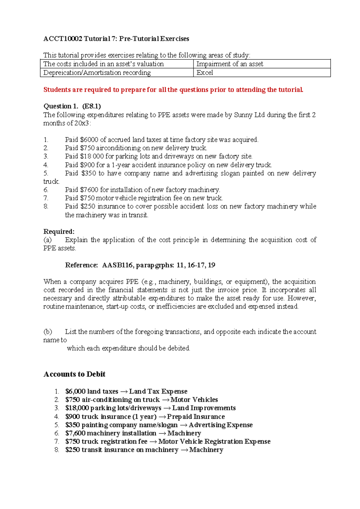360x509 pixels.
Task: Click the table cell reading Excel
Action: (205, 73)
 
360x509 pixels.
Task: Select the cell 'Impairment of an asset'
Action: (229, 64)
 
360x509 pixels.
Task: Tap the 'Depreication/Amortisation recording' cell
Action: (97, 73)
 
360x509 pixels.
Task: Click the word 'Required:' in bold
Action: (59, 231)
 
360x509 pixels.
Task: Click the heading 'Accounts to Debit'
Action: (74, 374)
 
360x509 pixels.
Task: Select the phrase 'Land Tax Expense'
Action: (158, 391)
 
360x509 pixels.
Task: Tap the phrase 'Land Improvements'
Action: (204, 408)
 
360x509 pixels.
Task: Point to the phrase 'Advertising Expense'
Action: (220, 425)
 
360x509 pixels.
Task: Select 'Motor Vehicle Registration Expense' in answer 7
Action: (214, 441)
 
